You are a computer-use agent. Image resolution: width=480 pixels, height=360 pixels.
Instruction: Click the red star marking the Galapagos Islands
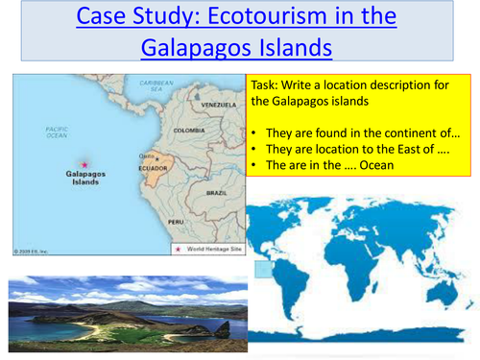click(x=84, y=163)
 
